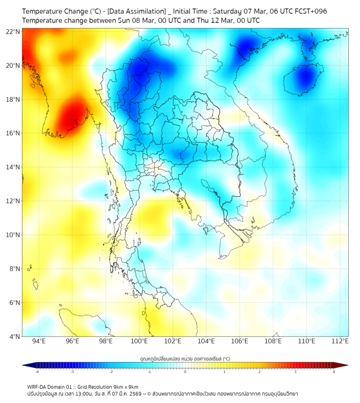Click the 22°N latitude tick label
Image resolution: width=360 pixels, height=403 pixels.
click(13, 31)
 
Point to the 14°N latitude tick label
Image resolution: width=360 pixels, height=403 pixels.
click(13, 167)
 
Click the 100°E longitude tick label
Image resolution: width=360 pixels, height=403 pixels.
click(140, 341)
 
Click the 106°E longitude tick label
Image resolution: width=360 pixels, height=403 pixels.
click(240, 341)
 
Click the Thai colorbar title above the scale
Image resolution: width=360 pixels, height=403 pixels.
click(185, 358)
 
